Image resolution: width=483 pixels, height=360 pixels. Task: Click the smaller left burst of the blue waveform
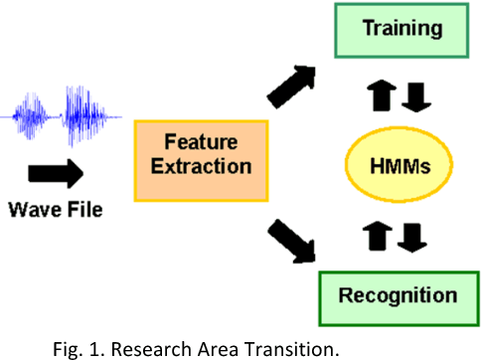pyautogui.click(x=29, y=118)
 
